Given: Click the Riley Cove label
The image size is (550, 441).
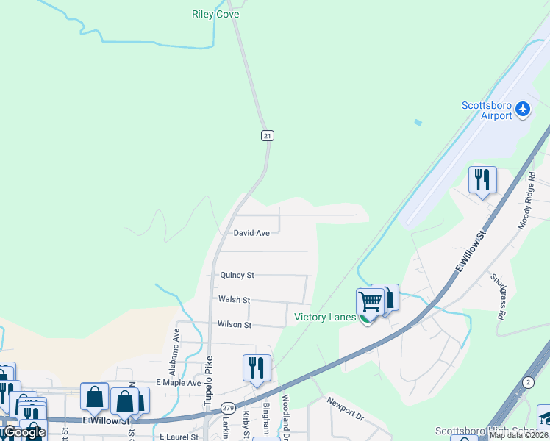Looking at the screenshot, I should pos(215,14).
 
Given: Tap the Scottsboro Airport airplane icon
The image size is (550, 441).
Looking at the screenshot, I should pos(523,110).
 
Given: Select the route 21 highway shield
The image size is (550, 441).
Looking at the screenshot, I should pos(268,135).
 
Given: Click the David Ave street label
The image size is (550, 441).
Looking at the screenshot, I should pos(251,233).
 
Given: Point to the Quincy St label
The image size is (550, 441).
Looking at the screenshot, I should pos(237,275).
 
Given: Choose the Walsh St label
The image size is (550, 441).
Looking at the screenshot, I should pos(234,300).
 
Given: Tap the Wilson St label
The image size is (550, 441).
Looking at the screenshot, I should pos(235,324).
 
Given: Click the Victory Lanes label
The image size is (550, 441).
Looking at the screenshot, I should pos(325,318).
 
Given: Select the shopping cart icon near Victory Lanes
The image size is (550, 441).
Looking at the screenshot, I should pos(370,301).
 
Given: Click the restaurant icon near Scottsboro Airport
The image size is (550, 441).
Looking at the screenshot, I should pos(482,179).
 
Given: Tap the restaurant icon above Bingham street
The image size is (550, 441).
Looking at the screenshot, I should pos(257,367).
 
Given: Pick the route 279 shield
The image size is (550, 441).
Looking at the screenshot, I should pos(228,407).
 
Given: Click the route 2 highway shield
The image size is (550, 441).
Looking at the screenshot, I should pos(528,382).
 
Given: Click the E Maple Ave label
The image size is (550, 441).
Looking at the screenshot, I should pos(178,383).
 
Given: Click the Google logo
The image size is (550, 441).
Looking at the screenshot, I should pos(24,432).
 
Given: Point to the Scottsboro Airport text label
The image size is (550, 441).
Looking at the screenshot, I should pos(486,110).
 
